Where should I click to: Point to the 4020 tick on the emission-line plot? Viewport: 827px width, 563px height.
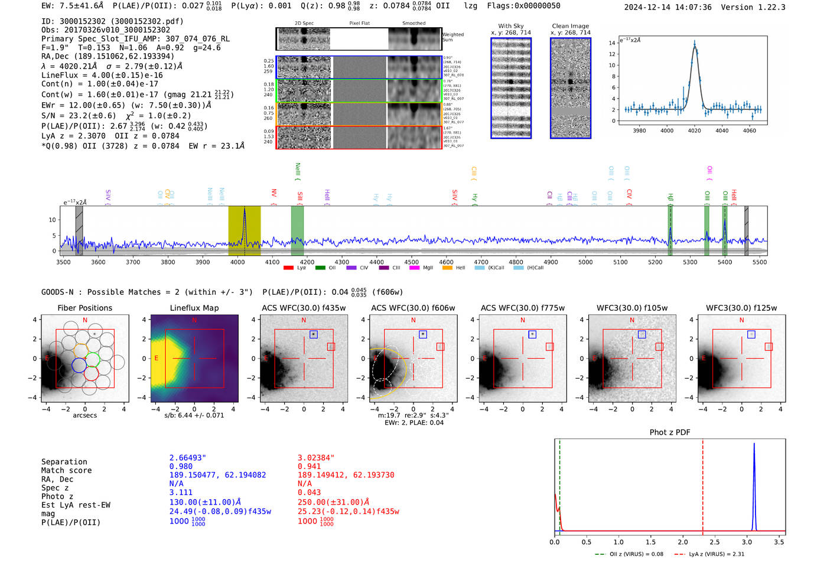[695, 130]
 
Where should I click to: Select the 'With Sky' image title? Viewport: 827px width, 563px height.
[511, 26]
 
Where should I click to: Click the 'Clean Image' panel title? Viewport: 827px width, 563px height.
[571, 26]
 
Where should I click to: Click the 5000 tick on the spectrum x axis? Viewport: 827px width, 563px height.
[585, 262]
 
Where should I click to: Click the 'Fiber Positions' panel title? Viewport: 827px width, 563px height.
[85, 308]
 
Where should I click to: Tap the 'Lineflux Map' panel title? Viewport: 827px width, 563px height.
[194, 308]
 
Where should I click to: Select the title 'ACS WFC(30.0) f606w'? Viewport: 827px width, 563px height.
[413, 308]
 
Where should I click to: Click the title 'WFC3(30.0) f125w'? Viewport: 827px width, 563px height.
[741, 308]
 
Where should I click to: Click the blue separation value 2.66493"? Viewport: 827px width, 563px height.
[188, 458]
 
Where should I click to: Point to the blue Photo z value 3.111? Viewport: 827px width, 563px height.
[181, 492]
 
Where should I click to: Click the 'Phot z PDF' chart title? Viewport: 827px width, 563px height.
[670, 432]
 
